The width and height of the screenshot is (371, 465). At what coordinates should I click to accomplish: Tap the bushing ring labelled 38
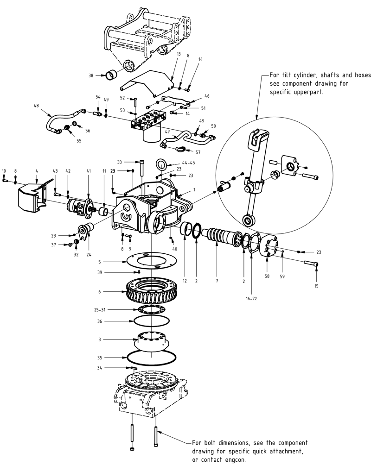click(x=114, y=74)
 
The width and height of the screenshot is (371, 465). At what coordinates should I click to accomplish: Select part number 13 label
click(x=178, y=54)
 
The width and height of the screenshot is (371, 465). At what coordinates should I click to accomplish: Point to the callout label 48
click(x=36, y=106)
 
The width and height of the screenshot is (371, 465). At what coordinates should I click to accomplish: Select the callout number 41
click(x=88, y=171)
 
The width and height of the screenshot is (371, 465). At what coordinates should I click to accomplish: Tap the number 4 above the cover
click(x=36, y=171)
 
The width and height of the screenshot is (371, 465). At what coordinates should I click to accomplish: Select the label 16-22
click(x=251, y=299)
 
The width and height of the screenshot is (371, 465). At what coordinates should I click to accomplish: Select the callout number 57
click(x=198, y=152)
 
